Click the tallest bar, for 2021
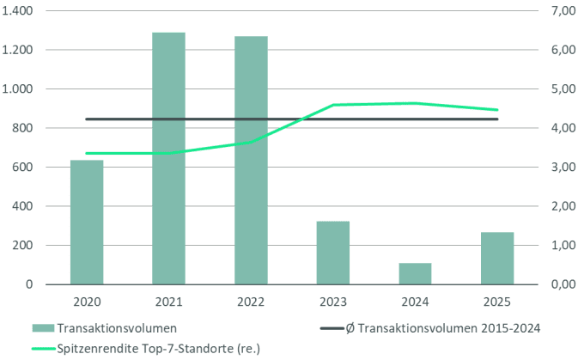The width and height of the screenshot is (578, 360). pyautogui.click(x=168, y=158)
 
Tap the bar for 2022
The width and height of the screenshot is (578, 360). pyautogui.click(x=251, y=160)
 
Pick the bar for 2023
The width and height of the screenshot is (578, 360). pyautogui.click(x=332, y=253)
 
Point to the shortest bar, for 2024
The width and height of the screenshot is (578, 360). pyautogui.click(x=415, y=273)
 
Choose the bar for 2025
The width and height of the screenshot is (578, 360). pyautogui.click(x=497, y=258)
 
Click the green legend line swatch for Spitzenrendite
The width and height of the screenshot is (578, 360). pyautogui.click(x=44, y=348)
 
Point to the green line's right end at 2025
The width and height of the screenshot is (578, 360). pyautogui.click(x=497, y=110)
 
